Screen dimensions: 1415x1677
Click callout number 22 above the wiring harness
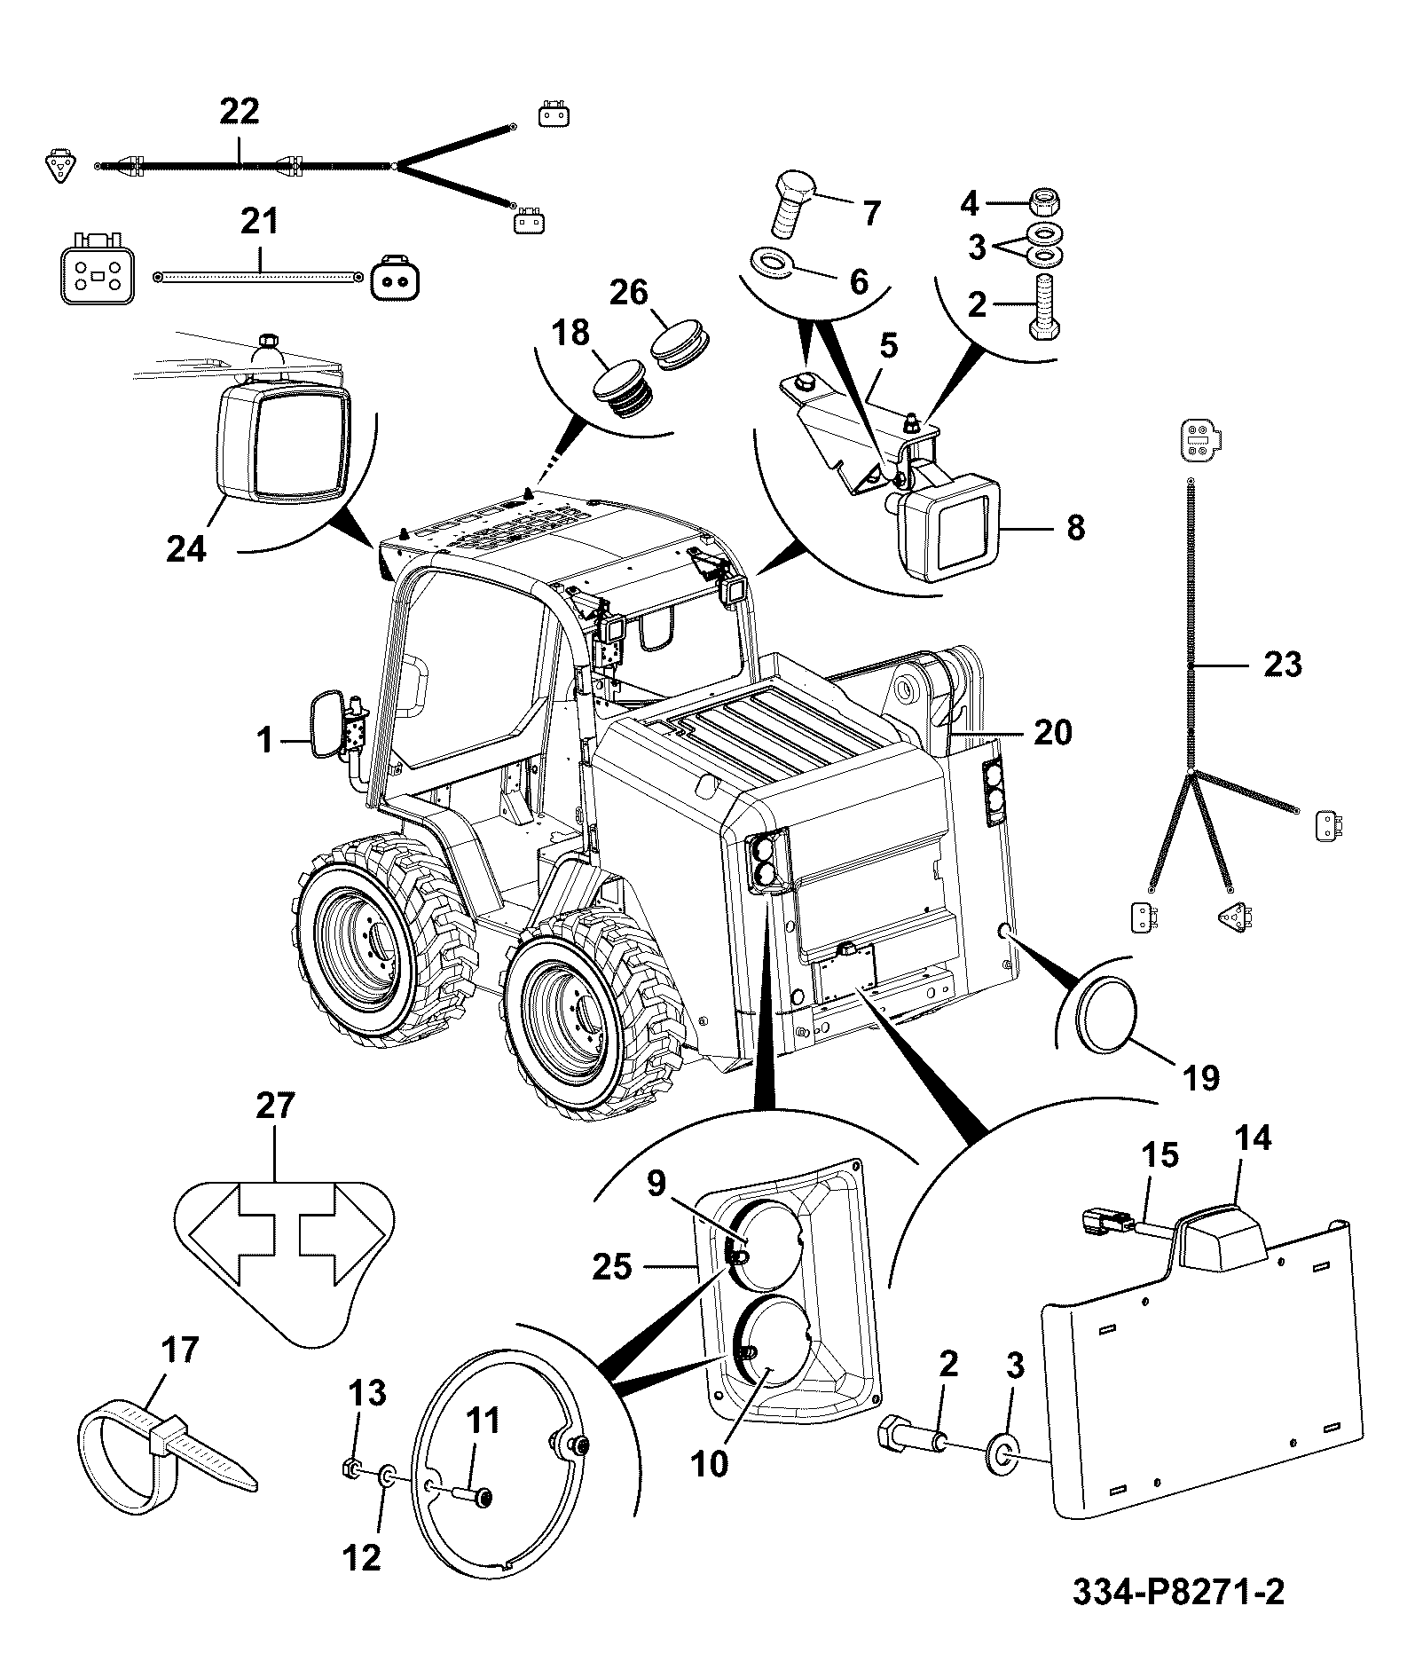click(240, 112)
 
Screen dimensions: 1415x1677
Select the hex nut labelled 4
click(1042, 202)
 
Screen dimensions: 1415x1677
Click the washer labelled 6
click(773, 263)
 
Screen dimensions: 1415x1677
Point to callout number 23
click(1282, 665)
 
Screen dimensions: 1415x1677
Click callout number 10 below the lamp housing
click(710, 1464)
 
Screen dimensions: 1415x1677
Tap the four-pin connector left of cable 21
click(93, 270)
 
